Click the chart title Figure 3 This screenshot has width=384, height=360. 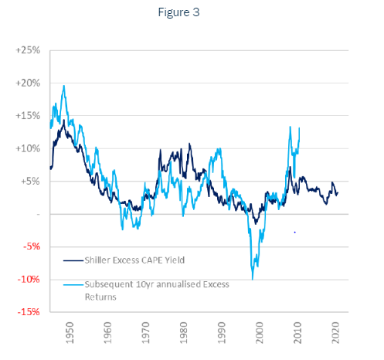tap(178, 12)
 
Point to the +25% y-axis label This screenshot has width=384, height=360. tap(28, 50)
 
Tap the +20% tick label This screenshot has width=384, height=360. tap(28, 83)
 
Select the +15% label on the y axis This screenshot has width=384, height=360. tap(28, 116)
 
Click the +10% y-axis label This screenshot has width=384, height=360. tap(28, 148)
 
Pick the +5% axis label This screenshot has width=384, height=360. tap(30, 181)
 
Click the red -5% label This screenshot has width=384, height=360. tap(32, 246)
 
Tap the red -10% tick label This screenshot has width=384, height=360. tap(29, 279)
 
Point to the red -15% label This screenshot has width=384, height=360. tap(29, 312)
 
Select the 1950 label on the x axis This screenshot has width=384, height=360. tap(70, 332)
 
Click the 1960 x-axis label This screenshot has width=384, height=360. tap(107, 332)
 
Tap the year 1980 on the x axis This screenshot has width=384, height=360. tap(184, 332)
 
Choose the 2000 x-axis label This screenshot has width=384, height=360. tap(260, 332)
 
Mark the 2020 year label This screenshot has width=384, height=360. tap(335, 332)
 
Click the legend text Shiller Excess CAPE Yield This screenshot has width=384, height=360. tap(134, 260)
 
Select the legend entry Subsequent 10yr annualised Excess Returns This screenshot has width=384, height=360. tap(157, 290)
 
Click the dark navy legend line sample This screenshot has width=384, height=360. tap(73, 260)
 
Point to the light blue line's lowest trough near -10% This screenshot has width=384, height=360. tap(253, 279)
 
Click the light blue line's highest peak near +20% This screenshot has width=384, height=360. tap(64, 86)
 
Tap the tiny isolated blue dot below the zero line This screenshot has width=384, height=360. tap(295, 233)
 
